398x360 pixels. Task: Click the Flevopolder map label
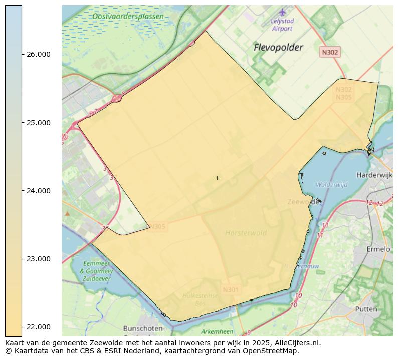278,48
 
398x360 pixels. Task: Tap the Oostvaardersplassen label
128,17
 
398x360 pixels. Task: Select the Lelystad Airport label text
282,25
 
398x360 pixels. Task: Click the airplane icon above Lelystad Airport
282,12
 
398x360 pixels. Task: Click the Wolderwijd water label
331,185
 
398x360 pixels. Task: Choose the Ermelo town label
378,249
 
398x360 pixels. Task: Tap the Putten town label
366,309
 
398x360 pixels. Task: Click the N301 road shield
231,289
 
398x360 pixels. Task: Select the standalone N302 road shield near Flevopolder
330,52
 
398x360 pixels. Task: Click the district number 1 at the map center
217,178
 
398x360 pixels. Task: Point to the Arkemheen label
217,331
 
